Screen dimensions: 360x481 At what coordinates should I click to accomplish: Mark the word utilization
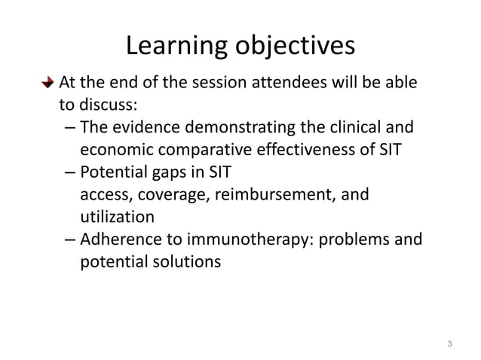(117, 217)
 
